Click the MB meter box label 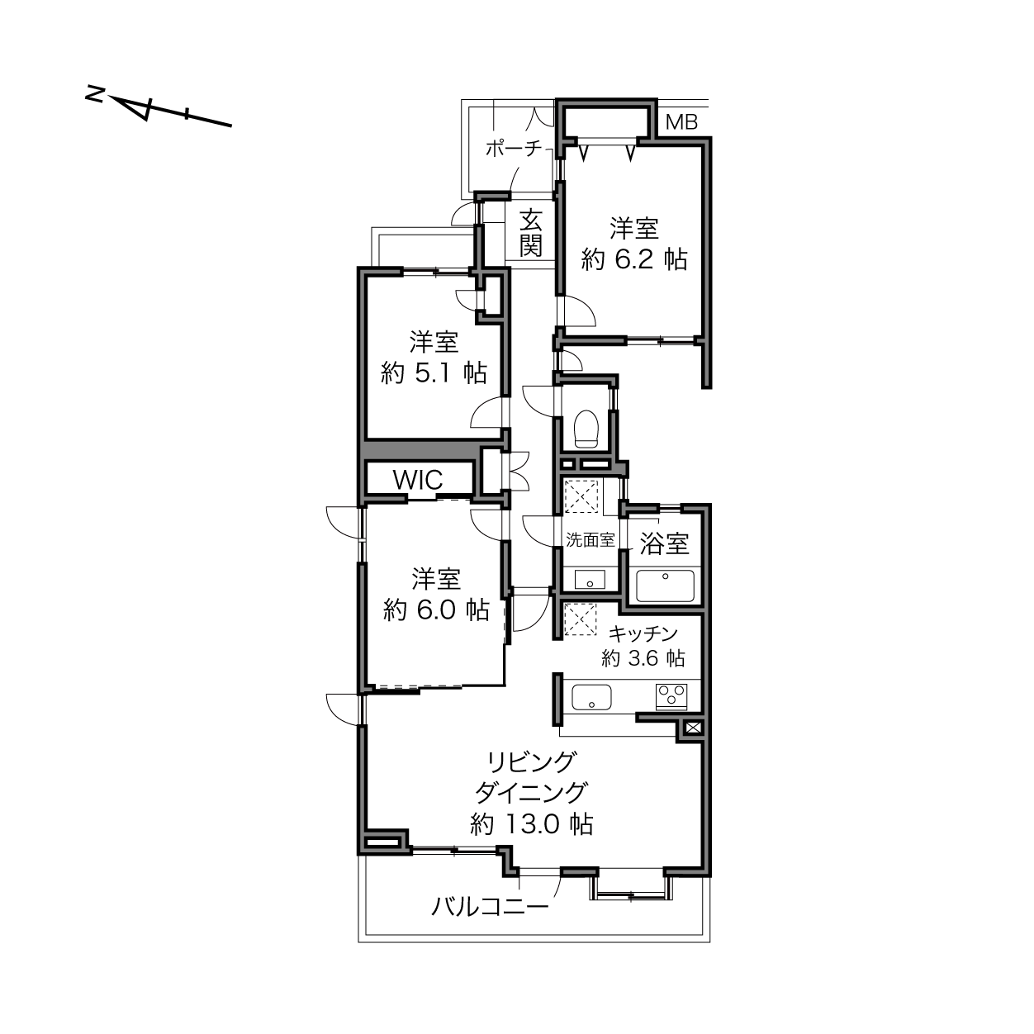tap(681, 122)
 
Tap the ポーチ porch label tap(513, 149)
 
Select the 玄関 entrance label tap(531, 234)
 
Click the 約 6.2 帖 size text tap(634, 259)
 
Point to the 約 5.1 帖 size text tap(434, 372)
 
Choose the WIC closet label tap(417, 479)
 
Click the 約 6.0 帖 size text tap(436, 609)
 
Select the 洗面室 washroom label tap(590, 540)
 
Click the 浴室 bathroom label tap(664, 543)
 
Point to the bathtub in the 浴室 tap(664, 586)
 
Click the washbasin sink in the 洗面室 tap(589, 579)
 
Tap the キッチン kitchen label tap(643, 634)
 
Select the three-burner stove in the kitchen tap(671, 697)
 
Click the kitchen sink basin tap(591, 697)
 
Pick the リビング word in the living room tap(530, 761)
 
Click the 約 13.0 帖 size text tap(531, 823)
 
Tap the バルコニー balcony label tap(490, 908)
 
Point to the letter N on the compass tap(94, 94)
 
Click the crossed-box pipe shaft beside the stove tap(691, 728)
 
